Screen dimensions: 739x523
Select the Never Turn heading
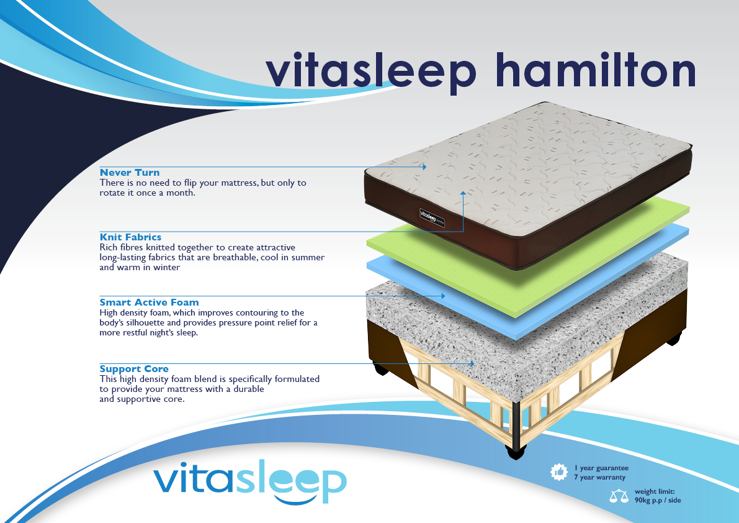130,173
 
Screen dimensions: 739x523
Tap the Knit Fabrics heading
130,237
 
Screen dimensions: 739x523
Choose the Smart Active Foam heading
149,302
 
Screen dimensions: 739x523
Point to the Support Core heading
134,369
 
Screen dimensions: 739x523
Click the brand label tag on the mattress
432,218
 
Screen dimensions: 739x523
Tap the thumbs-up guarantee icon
559,471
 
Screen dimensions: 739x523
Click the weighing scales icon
619,496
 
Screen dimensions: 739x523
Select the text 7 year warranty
599,477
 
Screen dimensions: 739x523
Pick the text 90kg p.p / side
658,501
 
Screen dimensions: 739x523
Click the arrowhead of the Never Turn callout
424,167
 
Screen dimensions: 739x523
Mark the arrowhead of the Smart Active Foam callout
443,296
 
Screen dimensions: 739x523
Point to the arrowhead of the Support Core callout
472,363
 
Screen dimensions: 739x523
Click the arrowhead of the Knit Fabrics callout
464,193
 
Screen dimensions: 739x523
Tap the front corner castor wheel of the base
516,452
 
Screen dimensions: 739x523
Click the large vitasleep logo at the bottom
250,482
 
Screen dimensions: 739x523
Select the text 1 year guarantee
601,468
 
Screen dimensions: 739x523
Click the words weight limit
655,491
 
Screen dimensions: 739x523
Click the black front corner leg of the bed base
516,424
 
